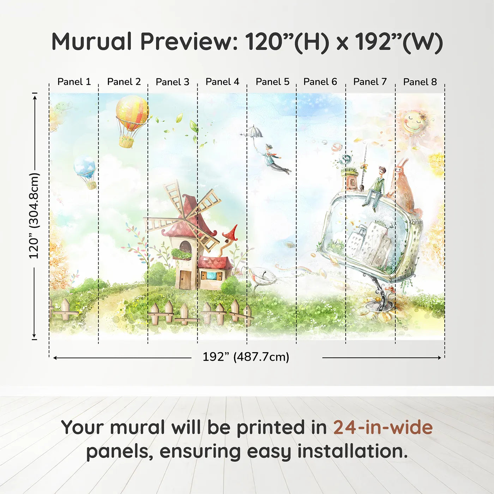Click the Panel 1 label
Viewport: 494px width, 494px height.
(x=74, y=82)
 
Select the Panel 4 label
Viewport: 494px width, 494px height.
(x=222, y=82)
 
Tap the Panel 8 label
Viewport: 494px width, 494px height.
(x=420, y=82)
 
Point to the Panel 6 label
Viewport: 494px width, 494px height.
(x=320, y=82)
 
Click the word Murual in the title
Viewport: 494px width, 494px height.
(x=92, y=42)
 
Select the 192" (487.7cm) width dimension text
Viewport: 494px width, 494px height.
(x=246, y=357)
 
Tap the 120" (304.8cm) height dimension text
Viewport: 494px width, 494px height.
(x=34, y=216)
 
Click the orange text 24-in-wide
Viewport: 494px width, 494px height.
(x=383, y=427)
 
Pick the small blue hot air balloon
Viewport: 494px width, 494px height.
(x=85, y=168)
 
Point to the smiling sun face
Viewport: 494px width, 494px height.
(x=414, y=122)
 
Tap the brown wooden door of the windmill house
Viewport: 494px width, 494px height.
(x=183, y=279)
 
